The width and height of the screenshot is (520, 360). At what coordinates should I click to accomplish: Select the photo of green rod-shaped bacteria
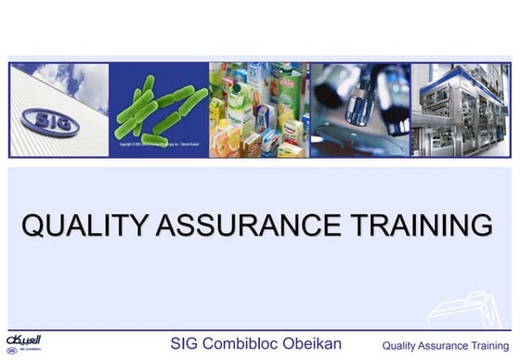click(159, 107)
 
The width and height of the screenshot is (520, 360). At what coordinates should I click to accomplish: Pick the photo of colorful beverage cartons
click(259, 109)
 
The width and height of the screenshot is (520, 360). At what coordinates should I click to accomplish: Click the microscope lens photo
click(359, 109)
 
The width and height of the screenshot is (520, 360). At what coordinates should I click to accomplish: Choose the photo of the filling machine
click(460, 109)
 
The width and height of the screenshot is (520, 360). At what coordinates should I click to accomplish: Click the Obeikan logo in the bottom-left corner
click(19, 343)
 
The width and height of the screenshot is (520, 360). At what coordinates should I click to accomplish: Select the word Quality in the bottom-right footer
click(401, 345)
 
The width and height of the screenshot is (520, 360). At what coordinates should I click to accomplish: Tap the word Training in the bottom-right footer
click(489, 345)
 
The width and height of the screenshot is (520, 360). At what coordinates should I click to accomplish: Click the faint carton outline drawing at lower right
click(474, 306)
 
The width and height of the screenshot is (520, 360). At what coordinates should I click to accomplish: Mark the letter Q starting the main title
click(33, 225)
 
